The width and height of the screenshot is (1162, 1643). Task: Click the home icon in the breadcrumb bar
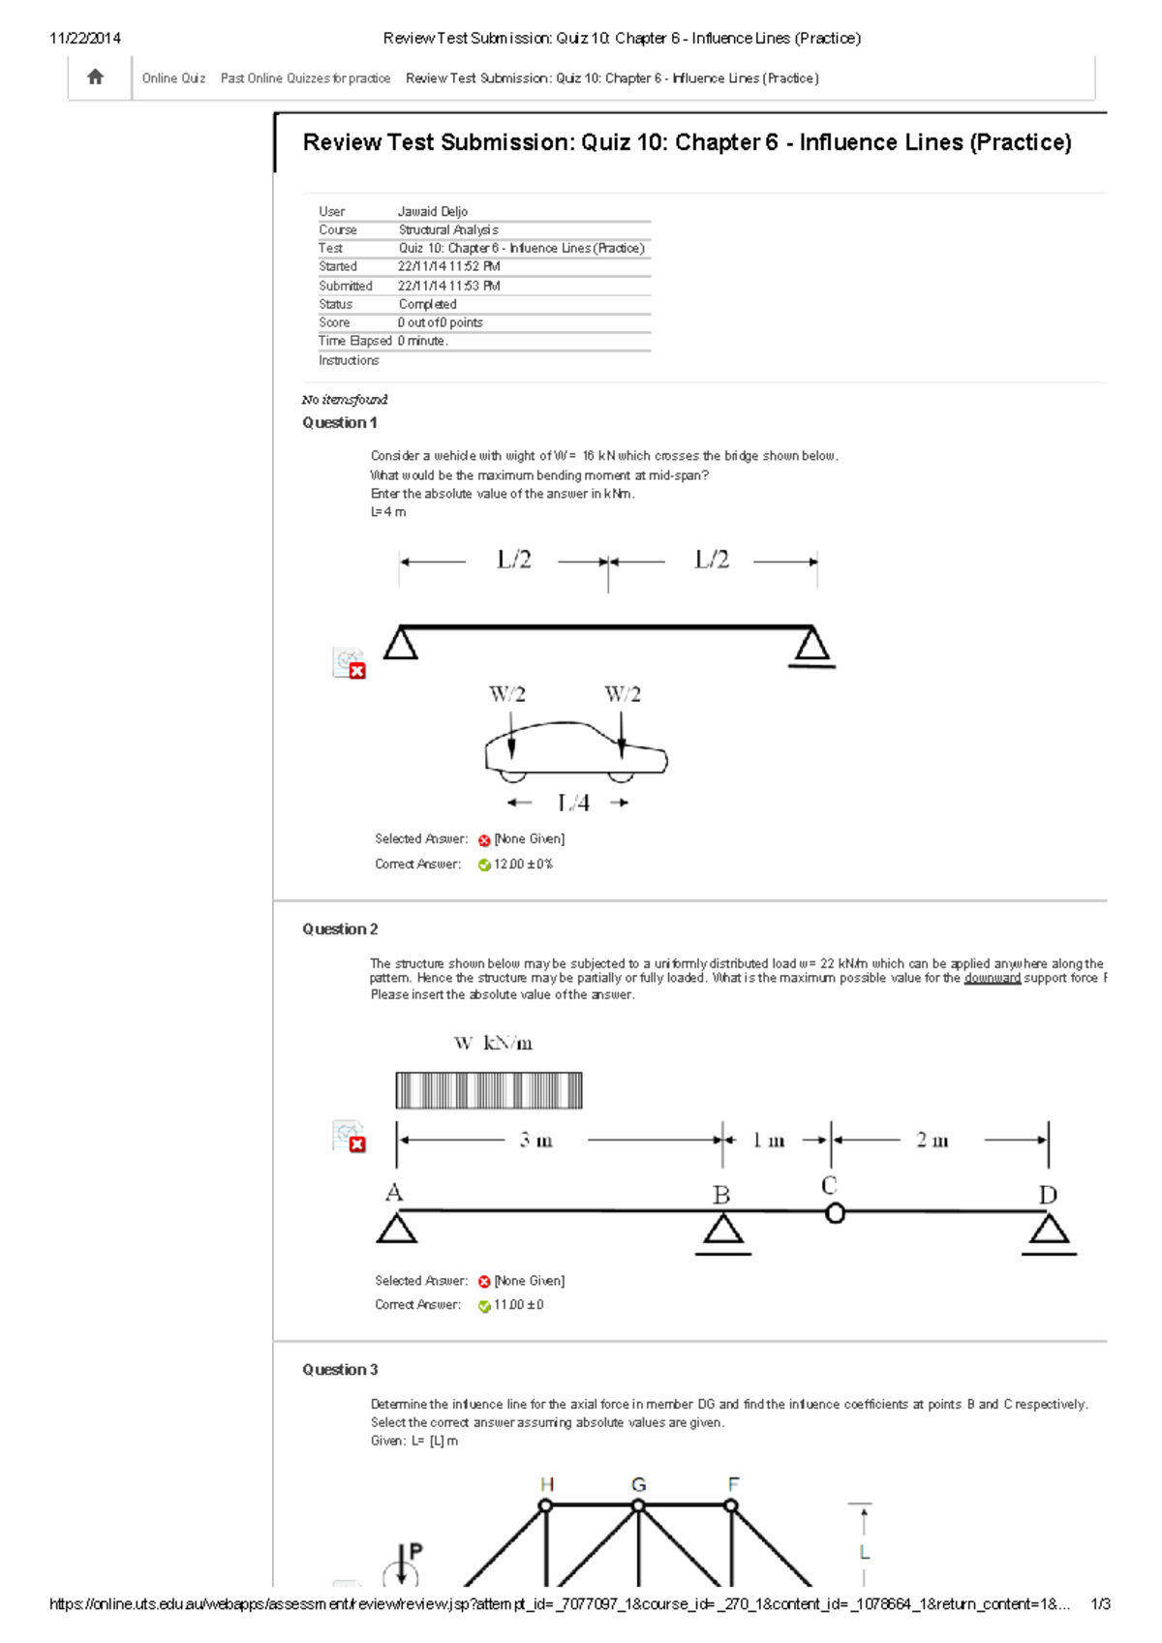click(95, 77)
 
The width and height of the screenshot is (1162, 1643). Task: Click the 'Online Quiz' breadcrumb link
click(173, 78)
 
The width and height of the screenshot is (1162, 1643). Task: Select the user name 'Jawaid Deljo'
click(432, 211)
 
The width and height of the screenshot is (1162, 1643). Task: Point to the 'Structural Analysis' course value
click(448, 229)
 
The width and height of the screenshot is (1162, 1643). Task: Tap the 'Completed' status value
click(427, 304)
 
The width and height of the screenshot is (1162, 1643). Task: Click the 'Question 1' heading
click(339, 422)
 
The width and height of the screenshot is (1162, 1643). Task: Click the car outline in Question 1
click(575, 750)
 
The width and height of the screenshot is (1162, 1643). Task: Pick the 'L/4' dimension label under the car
click(572, 803)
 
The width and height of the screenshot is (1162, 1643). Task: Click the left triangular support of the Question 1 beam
click(400, 644)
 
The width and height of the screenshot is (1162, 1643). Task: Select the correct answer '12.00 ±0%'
click(523, 865)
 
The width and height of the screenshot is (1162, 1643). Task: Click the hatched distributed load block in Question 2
click(488, 1090)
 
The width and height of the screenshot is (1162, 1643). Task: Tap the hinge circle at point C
click(835, 1212)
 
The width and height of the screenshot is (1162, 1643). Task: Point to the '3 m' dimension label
click(535, 1141)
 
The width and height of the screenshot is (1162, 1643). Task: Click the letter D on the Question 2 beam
click(1048, 1195)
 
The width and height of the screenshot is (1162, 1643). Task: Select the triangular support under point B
click(722, 1230)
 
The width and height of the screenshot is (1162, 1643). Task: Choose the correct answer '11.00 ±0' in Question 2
click(518, 1305)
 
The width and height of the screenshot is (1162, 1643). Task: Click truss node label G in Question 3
click(638, 1484)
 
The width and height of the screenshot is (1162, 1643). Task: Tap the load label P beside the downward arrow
click(415, 1551)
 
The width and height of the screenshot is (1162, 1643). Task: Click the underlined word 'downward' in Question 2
click(992, 979)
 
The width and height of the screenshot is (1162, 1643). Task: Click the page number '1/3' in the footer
click(1100, 1604)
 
